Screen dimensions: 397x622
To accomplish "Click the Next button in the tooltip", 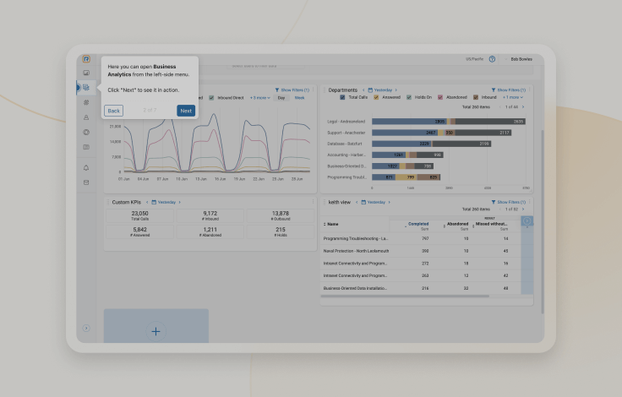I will point(186,111).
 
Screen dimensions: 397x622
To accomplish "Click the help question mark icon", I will point(492,59).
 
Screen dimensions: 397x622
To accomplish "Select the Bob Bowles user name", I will point(521,59).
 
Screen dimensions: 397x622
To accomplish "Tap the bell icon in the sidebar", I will point(86,168).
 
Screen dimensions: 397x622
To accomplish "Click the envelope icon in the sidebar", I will point(86,182).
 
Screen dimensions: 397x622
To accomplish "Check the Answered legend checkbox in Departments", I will point(377,97).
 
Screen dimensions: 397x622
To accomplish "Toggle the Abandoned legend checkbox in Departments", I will point(440,97).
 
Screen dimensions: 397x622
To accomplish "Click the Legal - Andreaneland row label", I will point(346,122).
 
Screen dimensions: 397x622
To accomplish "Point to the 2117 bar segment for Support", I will point(505,133).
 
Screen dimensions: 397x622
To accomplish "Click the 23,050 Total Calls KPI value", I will point(139,214).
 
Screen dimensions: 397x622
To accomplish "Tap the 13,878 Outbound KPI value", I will point(281,214).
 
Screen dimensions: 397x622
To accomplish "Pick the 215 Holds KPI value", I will point(281,230).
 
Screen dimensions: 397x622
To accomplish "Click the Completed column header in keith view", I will point(418,224).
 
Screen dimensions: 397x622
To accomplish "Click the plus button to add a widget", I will point(155,331).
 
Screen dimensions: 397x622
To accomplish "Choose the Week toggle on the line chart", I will point(299,98).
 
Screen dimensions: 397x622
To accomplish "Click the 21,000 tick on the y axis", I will point(116,127).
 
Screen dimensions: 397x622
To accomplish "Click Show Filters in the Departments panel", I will point(509,90).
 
